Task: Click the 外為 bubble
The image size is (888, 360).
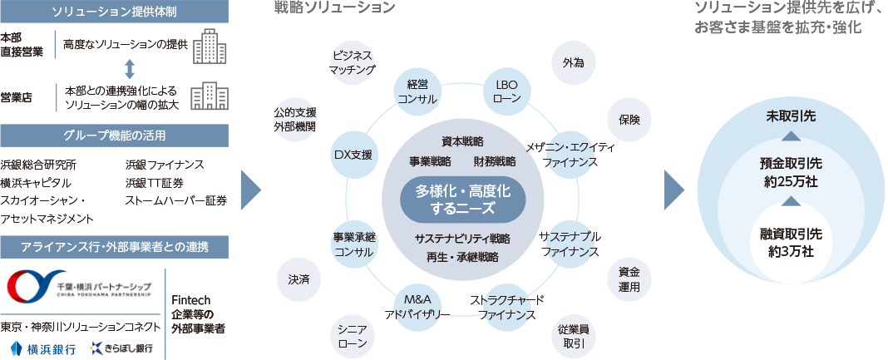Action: pyautogui.click(x=573, y=63)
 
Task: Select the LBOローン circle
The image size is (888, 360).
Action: pyautogui.click(x=506, y=91)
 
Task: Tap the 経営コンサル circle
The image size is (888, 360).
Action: pyautogui.click(x=417, y=91)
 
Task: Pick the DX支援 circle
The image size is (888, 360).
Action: pyautogui.click(x=353, y=155)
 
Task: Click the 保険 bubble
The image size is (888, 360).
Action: pyautogui.click(x=629, y=120)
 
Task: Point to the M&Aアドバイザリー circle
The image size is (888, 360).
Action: pyautogui.click(x=417, y=307)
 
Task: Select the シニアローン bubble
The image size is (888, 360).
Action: pyautogui.click(x=353, y=336)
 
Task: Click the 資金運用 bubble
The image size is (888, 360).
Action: pyautogui.click(x=629, y=279)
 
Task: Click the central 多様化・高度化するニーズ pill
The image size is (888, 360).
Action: pyautogui.click(x=462, y=200)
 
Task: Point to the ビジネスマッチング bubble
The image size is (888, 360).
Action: pyautogui.click(x=353, y=63)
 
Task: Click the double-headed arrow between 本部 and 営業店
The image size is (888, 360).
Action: pyautogui.click(x=130, y=69)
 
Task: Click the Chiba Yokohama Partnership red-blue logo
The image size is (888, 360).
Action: pyautogui.click(x=31, y=286)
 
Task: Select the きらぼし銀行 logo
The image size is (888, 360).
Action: pyautogui.click(x=121, y=348)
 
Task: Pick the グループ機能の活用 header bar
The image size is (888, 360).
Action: pyautogui.click(x=115, y=136)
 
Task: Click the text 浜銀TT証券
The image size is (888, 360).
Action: pyautogui.click(x=155, y=183)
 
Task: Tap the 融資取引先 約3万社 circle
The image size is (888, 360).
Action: pyautogui.click(x=792, y=242)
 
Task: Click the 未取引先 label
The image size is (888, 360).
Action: pyautogui.click(x=792, y=116)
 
